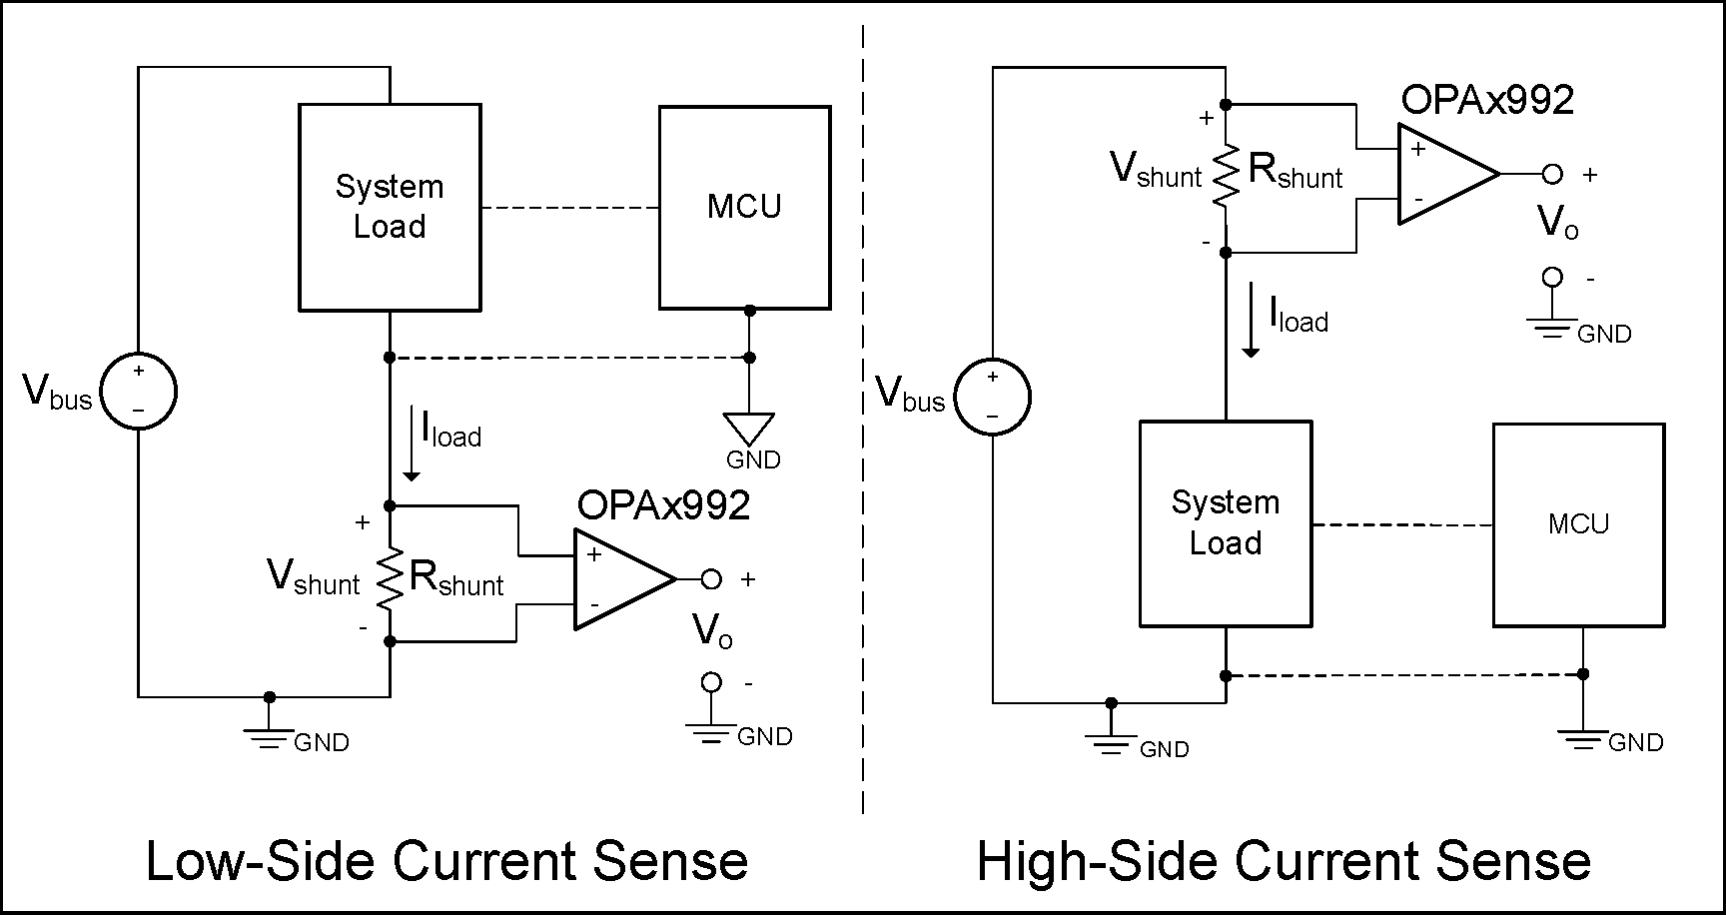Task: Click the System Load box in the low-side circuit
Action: tap(390, 208)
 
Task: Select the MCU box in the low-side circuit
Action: tap(744, 208)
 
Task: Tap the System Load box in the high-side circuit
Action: tap(1226, 524)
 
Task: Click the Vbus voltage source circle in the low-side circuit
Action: tap(139, 391)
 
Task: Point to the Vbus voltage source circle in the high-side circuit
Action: tap(992, 398)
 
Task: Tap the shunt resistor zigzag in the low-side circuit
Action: tap(390, 577)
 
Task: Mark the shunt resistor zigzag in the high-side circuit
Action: tap(1226, 176)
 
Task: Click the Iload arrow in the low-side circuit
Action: tap(411, 445)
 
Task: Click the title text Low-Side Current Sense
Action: tap(446, 861)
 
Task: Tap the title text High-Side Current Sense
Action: tap(1284, 861)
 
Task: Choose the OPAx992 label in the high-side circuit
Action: tap(1487, 100)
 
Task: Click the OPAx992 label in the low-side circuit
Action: tap(663, 505)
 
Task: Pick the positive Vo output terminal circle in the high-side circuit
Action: tap(1551, 174)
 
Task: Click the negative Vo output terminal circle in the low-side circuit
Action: tap(711, 682)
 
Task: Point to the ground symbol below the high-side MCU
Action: tap(1583, 739)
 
